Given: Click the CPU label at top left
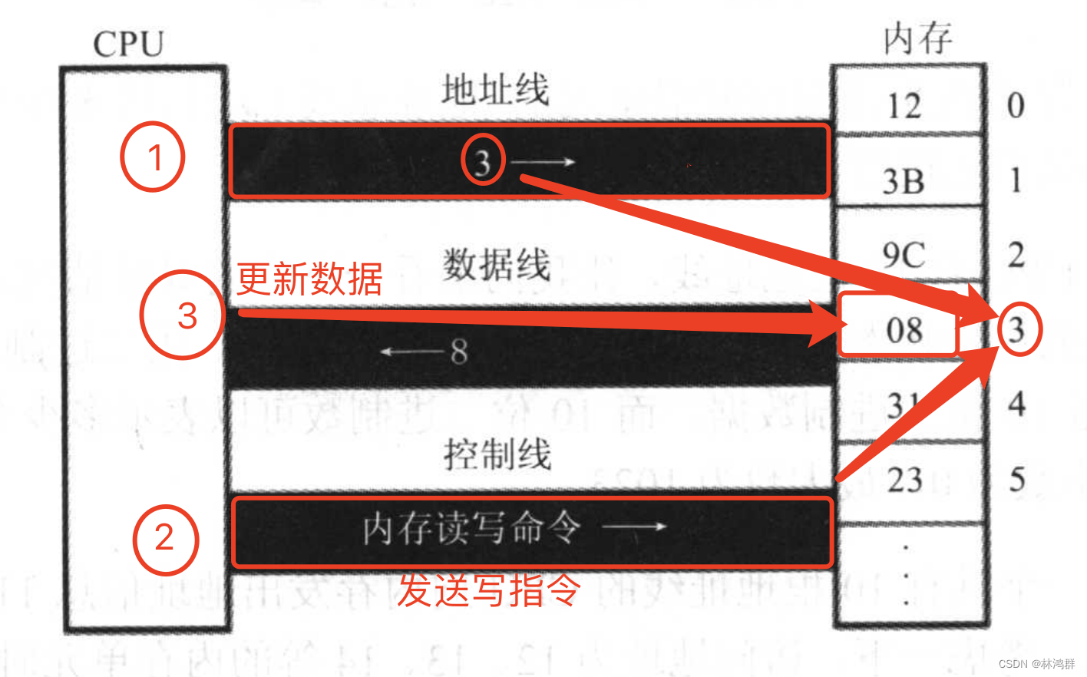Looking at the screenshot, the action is [128, 44].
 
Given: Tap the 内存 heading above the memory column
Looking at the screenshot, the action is [917, 38].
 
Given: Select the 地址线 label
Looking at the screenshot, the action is [495, 90].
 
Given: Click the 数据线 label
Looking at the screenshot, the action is [496, 265].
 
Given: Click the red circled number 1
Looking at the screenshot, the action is [153, 157].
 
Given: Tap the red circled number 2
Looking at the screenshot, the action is [165, 540].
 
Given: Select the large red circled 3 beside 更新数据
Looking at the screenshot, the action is [183, 315].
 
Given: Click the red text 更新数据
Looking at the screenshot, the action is [309, 279].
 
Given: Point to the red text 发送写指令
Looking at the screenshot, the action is [488, 590].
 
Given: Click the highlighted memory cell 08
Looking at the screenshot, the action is [903, 331].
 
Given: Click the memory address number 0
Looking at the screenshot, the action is [1016, 105].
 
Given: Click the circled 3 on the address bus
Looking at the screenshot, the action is [483, 162].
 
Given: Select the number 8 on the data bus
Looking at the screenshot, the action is [459, 352].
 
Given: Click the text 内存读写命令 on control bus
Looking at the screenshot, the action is [471, 529].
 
